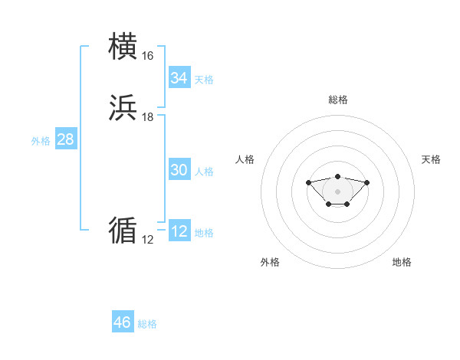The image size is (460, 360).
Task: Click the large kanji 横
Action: (x=123, y=47)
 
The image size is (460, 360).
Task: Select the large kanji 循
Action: (x=123, y=230)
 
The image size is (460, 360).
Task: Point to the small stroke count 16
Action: (x=147, y=56)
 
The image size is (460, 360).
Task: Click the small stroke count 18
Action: (x=147, y=117)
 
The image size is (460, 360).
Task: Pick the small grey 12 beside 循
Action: (x=147, y=240)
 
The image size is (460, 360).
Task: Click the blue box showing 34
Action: (x=179, y=78)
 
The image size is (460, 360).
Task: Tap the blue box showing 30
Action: (x=179, y=170)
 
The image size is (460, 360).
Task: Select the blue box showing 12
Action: (x=179, y=231)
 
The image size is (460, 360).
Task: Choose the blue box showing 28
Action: (x=65, y=139)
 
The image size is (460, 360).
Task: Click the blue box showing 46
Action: (x=123, y=322)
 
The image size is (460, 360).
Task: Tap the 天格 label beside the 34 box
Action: (x=204, y=80)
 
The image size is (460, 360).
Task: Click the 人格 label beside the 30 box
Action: (x=204, y=172)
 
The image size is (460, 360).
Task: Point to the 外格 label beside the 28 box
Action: (x=41, y=141)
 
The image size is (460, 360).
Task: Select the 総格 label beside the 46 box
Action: (x=147, y=324)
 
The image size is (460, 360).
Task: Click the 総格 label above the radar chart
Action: (x=337, y=100)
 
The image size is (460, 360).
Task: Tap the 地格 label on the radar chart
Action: (x=402, y=262)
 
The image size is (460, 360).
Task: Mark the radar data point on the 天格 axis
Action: (x=366, y=182)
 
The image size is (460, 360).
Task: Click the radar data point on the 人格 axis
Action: (x=308, y=182)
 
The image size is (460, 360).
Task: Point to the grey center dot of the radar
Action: (x=337, y=191)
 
